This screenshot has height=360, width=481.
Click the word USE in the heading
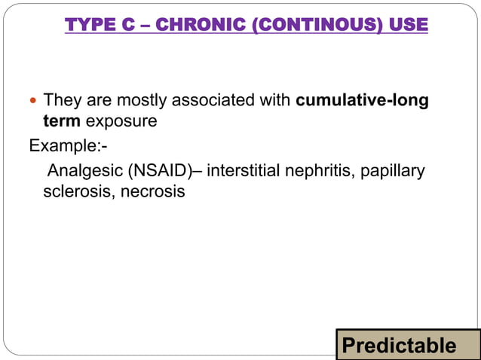(x=409, y=26)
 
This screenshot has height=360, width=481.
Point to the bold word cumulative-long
(x=363, y=100)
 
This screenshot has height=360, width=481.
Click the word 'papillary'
(x=393, y=171)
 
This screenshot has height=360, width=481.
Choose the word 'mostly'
(x=128, y=100)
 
